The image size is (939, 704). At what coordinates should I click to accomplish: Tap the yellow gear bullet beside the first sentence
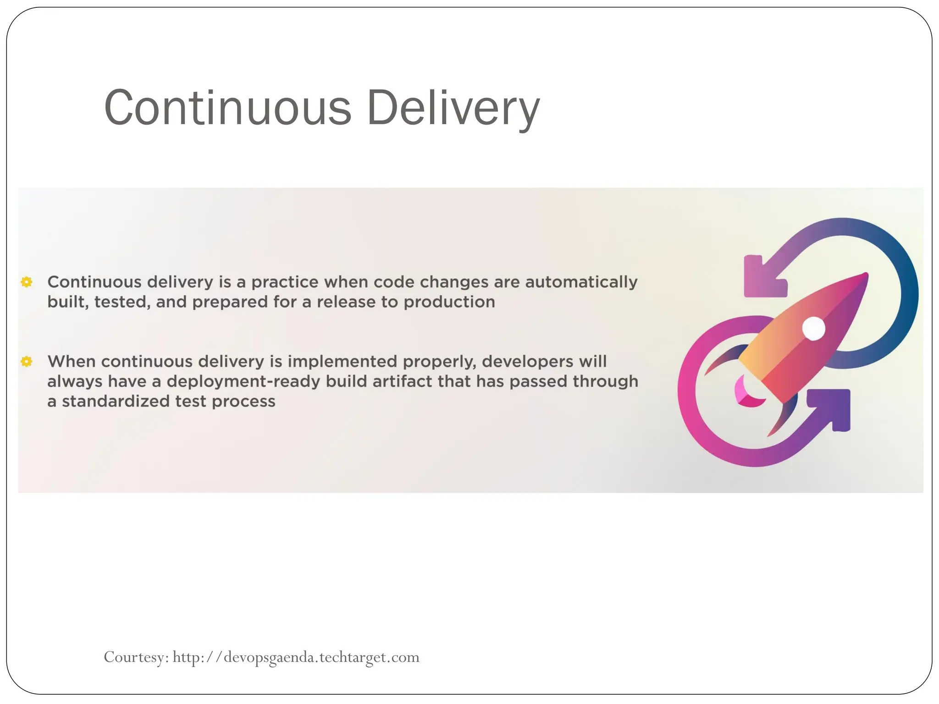[x=27, y=282]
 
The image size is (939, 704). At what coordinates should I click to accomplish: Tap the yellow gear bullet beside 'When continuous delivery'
[x=27, y=362]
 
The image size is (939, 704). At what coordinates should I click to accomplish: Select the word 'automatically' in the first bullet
[x=581, y=282]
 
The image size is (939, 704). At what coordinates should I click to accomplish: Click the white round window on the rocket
[x=814, y=328]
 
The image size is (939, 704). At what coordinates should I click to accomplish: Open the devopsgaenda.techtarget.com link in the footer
[x=296, y=657]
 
